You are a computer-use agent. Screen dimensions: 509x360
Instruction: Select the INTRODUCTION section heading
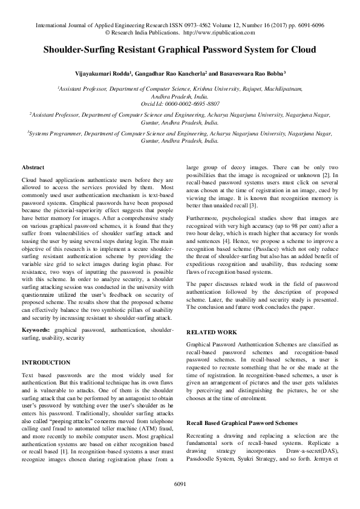(46, 362)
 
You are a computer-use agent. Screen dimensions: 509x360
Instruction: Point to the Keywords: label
(36, 331)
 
